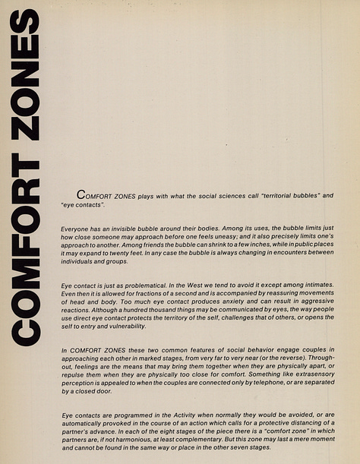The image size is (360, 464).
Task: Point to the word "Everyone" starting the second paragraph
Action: tap(74, 228)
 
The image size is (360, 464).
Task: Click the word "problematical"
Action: tap(141, 284)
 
